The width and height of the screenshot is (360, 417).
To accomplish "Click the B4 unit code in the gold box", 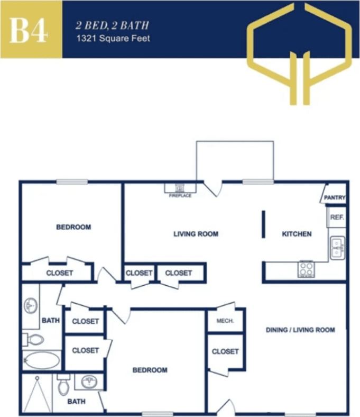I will pyautogui.click(x=29, y=30).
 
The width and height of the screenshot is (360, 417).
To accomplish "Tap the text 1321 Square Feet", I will pyautogui.click(x=114, y=38).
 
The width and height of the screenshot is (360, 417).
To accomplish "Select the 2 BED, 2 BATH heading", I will pyautogui.click(x=113, y=25).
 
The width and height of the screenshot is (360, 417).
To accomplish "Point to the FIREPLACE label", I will pyautogui.click(x=180, y=196).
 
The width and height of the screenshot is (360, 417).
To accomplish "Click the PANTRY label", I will pyautogui.click(x=335, y=198).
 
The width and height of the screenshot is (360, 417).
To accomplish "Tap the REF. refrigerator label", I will pyautogui.click(x=336, y=217).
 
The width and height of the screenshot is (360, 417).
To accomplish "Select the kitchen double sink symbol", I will pyautogui.click(x=337, y=247).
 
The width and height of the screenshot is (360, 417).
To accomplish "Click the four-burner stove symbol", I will pyautogui.click(x=306, y=269).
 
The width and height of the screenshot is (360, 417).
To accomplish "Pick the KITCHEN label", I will pyautogui.click(x=297, y=234).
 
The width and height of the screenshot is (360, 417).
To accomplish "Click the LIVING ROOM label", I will pyautogui.click(x=196, y=234).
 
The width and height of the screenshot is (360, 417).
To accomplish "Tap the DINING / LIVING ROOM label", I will pyautogui.click(x=300, y=330).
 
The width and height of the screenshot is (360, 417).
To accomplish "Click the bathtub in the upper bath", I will pyautogui.click(x=41, y=360).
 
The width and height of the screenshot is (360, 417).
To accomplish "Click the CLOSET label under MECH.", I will pyautogui.click(x=225, y=351).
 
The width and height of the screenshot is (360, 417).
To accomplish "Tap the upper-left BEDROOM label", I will pyautogui.click(x=73, y=227).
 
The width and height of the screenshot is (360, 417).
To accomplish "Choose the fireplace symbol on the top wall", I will pyautogui.click(x=180, y=188).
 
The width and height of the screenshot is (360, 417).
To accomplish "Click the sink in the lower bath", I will pyautogui.click(x=88, y=381).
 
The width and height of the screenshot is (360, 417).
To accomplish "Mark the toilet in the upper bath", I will pyautogui.click(x=34, y=339).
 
